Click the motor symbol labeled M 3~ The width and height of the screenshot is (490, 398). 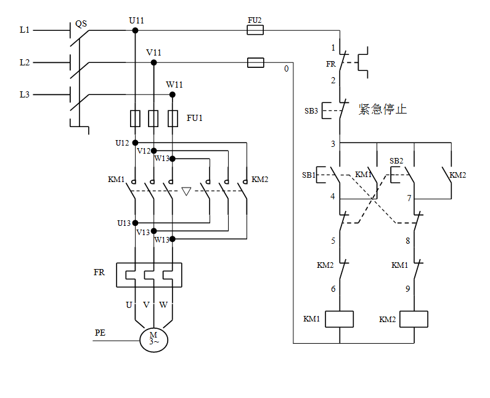(x=153, y=339)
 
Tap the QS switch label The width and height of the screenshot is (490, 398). (x=81, y=24)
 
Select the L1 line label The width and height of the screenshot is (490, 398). (x=25, y=30)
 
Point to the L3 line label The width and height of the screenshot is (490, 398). (x=25, y=94)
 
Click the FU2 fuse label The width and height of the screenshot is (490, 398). (x=255, y=20)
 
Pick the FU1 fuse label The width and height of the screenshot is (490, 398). (x=195, y=117)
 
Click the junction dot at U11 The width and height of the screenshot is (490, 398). (x=136, y=30)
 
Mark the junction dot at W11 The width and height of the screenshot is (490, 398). (x=173, y=94)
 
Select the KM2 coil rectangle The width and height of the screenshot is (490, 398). (x=414, y=319)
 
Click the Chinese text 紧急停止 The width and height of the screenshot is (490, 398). (x=383, y=109)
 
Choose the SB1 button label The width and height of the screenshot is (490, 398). (x=309, y=175)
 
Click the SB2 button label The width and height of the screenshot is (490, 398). (x=396, y=161)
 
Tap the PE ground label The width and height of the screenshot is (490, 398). (x=100, y=333)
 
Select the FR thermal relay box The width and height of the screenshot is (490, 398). (x=149, y=275)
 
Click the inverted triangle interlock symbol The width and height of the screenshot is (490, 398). (x=186, y=191)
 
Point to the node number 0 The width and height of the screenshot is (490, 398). (x=286, y=69)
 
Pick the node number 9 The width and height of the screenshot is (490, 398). (x=408, y=288)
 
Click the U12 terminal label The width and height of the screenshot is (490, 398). (x=122, y=143)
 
